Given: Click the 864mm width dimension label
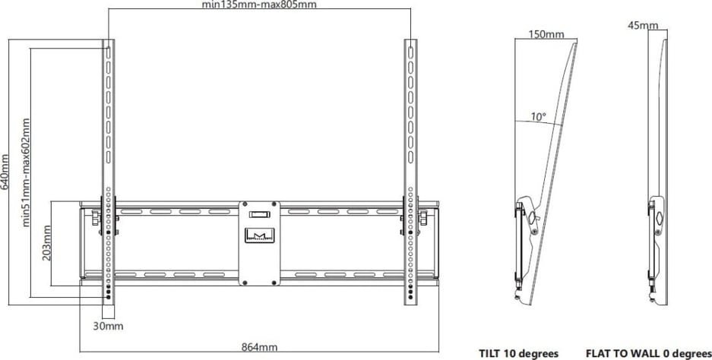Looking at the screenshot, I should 259,347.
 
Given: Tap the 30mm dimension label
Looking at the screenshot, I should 108,327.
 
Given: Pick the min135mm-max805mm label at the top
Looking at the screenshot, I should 258,5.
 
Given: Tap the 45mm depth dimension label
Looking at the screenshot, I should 644,26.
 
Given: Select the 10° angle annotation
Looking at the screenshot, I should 538,117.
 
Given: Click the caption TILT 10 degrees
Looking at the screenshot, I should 518,353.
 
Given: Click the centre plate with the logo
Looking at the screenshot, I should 259,242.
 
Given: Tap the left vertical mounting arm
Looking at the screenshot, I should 108,152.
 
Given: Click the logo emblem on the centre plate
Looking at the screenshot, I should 259,234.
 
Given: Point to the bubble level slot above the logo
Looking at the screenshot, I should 259,214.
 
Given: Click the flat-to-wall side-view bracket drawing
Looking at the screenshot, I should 657,175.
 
